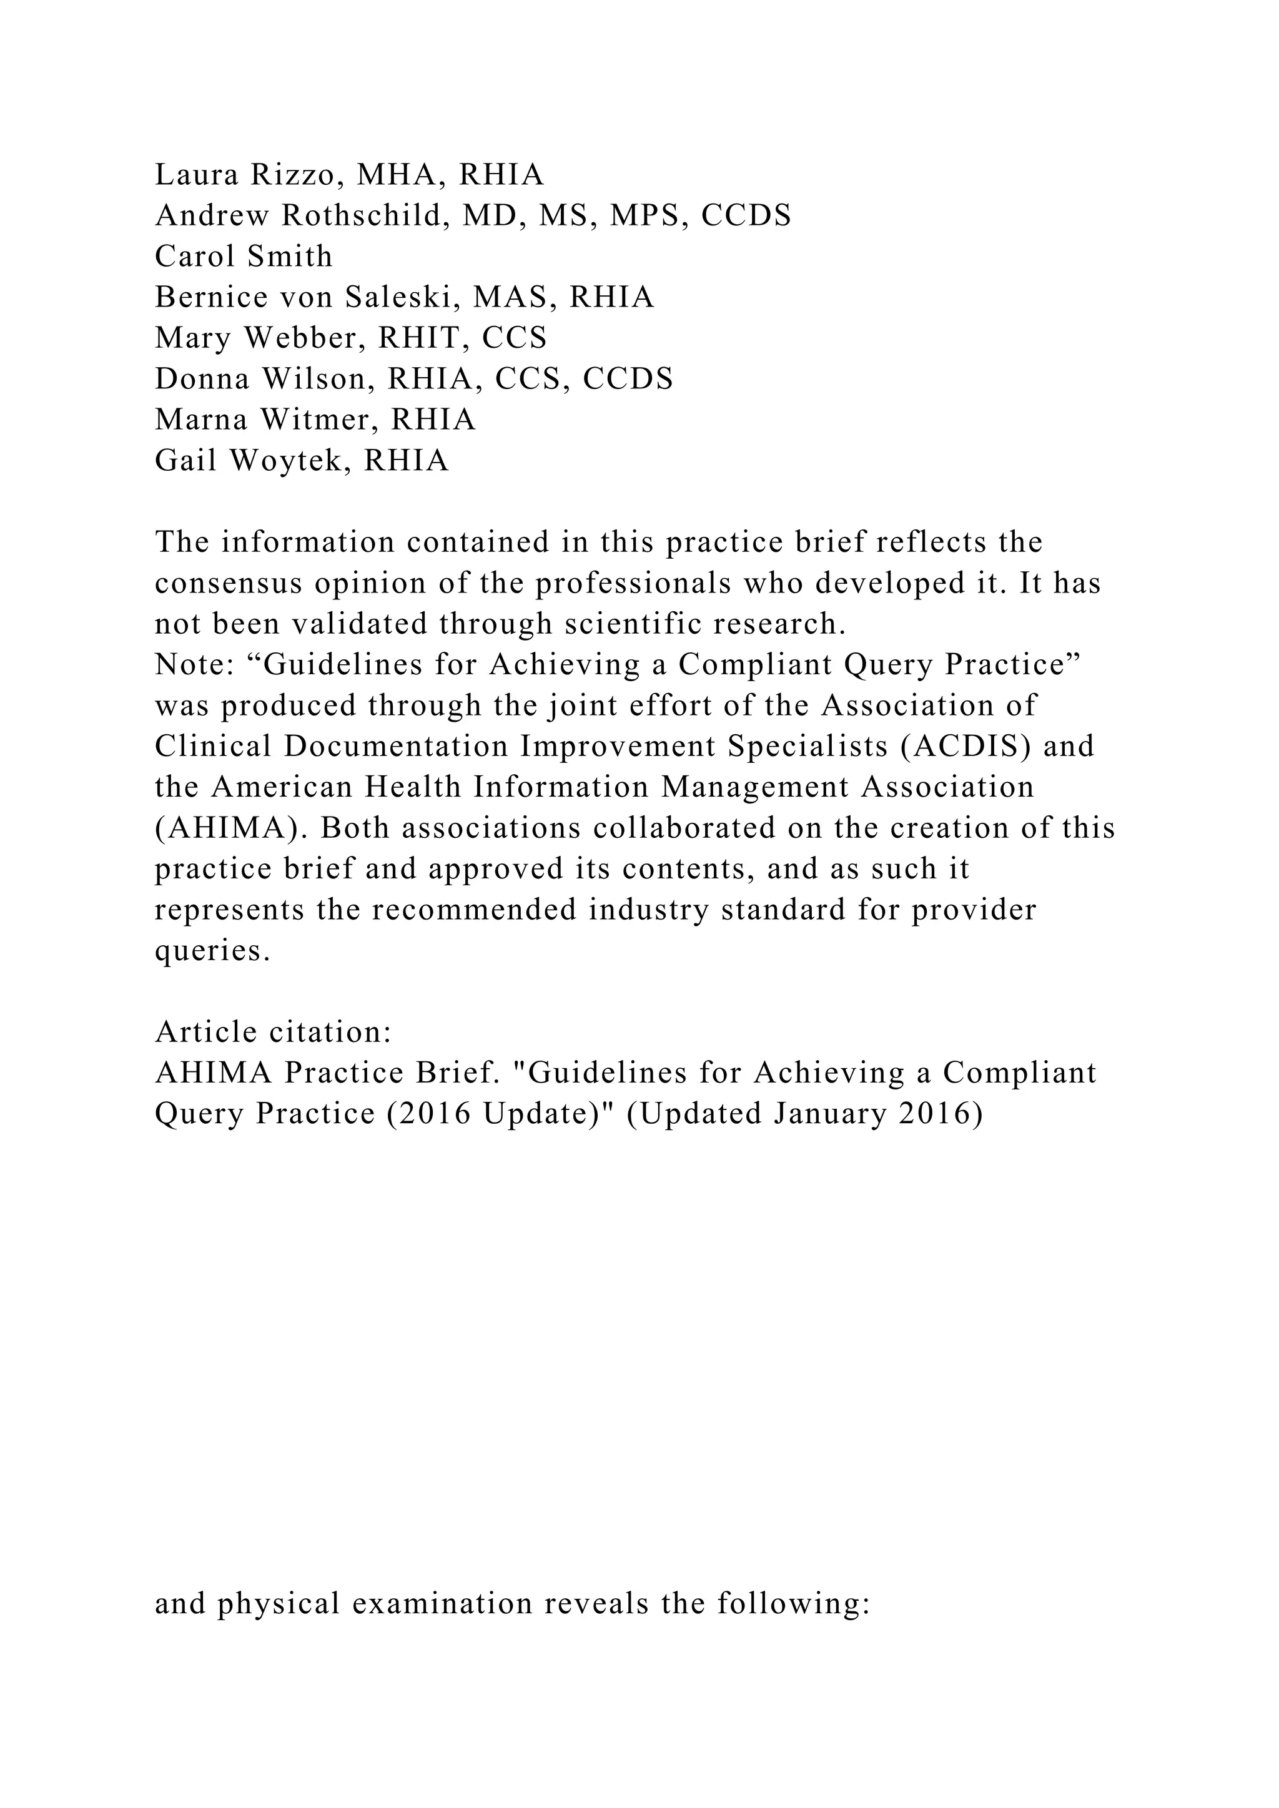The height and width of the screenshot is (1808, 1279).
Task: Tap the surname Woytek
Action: [289, 461]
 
